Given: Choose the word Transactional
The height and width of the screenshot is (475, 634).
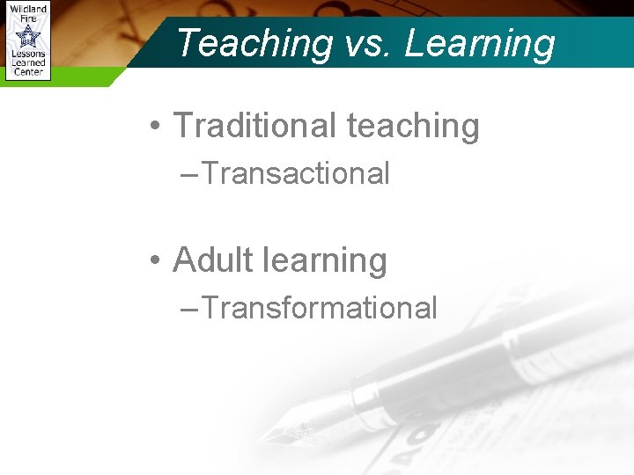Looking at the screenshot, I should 295,173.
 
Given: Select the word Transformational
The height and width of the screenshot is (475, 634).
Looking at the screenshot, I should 319,308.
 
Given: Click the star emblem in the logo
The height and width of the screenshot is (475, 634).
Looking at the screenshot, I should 28,36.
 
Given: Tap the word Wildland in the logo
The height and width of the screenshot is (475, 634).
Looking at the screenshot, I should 28,8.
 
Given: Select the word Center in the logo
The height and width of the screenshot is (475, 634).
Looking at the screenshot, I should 28,73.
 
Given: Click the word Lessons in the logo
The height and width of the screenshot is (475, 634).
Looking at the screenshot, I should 28,55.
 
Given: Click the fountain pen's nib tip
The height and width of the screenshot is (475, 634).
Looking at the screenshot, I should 262,439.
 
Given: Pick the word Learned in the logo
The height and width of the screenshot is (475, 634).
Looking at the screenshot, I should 28,63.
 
